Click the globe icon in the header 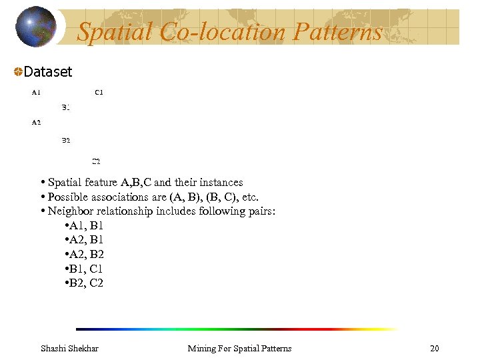[35, 27]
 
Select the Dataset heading [47, 71]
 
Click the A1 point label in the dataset [36, 92]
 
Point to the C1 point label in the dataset [99, 92]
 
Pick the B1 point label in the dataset [66, 107]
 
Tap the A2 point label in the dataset [36, 122]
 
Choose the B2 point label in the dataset [66, 140]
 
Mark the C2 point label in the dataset [96, 161]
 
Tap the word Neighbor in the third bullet [71, 212]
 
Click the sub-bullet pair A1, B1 [86, 225]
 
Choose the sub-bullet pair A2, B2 [86, 255]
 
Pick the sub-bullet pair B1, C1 [86, 269]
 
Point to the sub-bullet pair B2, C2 [86, 284]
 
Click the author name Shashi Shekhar [69, 348]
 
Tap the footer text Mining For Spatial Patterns [239, 348]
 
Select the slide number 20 [435, 348]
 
